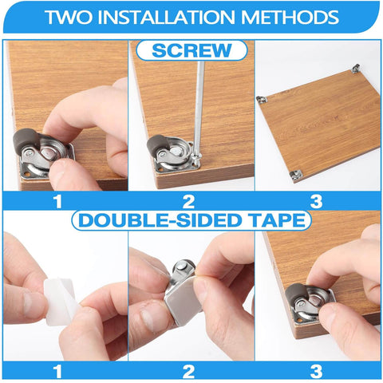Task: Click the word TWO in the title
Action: pyautogui.click(x=69, y=17)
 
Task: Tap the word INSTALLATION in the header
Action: pyautogui.click(x=167, y=17)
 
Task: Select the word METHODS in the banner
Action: pyautogui.click(x=290, y=17)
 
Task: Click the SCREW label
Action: pyautogui.click(x=191, y=50)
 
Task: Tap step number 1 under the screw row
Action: pyautogui.click(x=57, y=201)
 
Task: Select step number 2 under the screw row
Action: pyautogui.click(x=188, y=201)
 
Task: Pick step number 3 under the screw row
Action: pyautogui.click(x=316, y=201)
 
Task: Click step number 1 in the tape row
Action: pyautogui.click(x=57, y=371)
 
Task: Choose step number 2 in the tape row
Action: pyautogui.click(x=188, y=371)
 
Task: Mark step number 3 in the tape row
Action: pyautogui.click(x=316, y=371)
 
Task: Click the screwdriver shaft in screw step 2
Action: pyautogui.click(x=199, y=106)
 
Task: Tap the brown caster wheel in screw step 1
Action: pyautogui.click(x=26, y=141)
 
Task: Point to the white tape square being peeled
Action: pyautogui.click(x=60, y=301)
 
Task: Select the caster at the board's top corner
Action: pyautogui.click(x=355, y=68)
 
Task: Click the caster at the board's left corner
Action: pyautogui.click(x=262, y=100)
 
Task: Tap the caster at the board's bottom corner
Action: pyautogui.click(x=296, y=176)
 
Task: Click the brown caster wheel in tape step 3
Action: pyautogui.click(x=296, y=293)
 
